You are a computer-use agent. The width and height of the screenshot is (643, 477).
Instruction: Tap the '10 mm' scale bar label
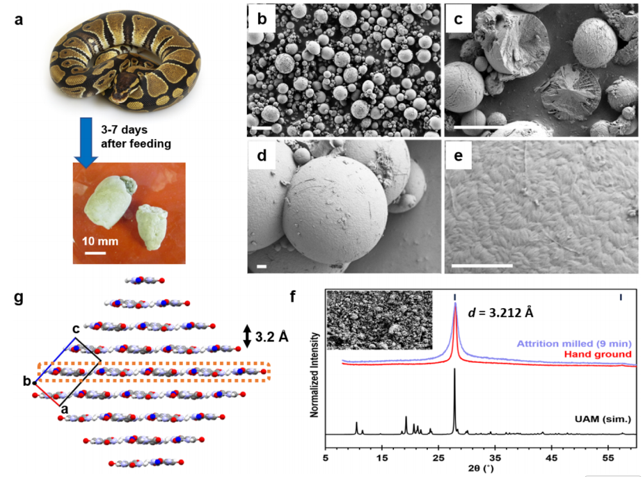(x=96, y=241)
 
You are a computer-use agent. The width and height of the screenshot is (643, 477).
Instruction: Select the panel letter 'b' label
(x=262, y=19)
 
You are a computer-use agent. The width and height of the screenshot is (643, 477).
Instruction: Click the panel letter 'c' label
(x=459, y=19)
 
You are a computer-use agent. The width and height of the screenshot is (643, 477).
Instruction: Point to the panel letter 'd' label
(x=262, y=155)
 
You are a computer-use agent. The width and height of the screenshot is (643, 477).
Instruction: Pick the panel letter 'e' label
(x=459, y=155)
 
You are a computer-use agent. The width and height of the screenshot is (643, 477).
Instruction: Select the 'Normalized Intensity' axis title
(x=315, y=373)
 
